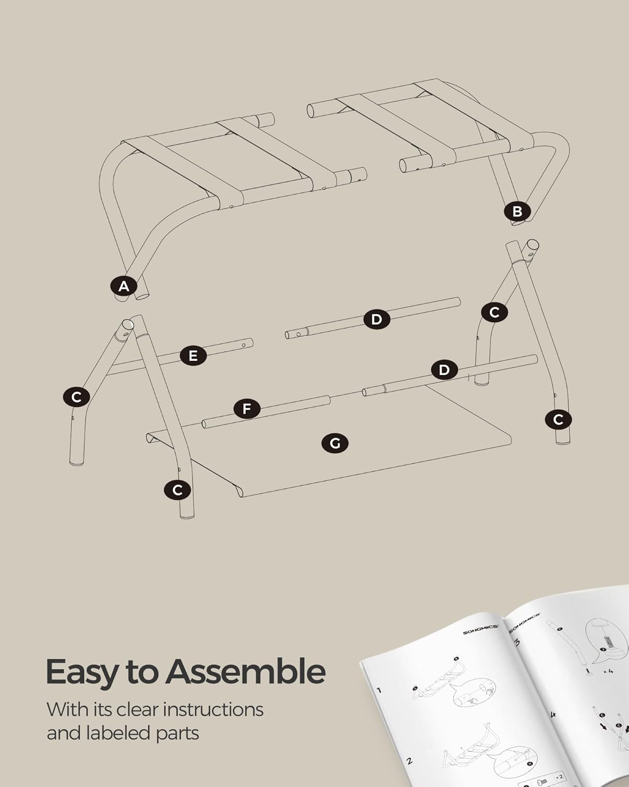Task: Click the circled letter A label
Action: [124, 286]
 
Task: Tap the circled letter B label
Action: [517, 211]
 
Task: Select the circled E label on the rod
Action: [193, 356]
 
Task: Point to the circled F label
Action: [247, 408]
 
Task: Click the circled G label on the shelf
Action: [335, 443]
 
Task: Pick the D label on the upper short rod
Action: [376, 319]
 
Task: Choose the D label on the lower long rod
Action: [444, 370]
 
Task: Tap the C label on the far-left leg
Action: [77, 397]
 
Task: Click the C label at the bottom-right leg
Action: [558, 419]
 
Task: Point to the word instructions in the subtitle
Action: [213, 709]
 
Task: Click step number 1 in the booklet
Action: [379, 690]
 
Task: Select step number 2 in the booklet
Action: [409, 761]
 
